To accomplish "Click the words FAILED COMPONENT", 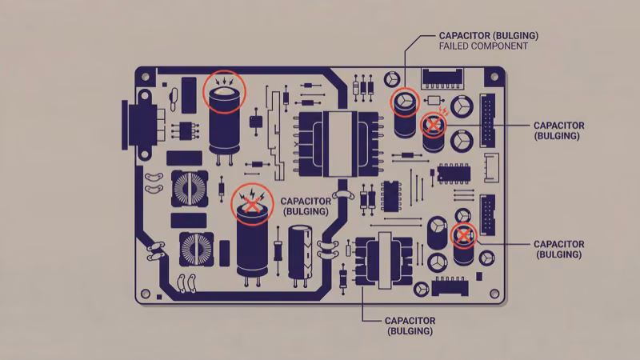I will click(483, 46).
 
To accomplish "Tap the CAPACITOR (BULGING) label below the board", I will click(410, 325).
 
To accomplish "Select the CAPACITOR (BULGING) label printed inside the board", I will click(306, 206).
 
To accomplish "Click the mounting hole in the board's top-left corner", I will click(146, 77).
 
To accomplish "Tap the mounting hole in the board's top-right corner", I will click(494, 77).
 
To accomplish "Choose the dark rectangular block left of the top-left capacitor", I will click(189, 94).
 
